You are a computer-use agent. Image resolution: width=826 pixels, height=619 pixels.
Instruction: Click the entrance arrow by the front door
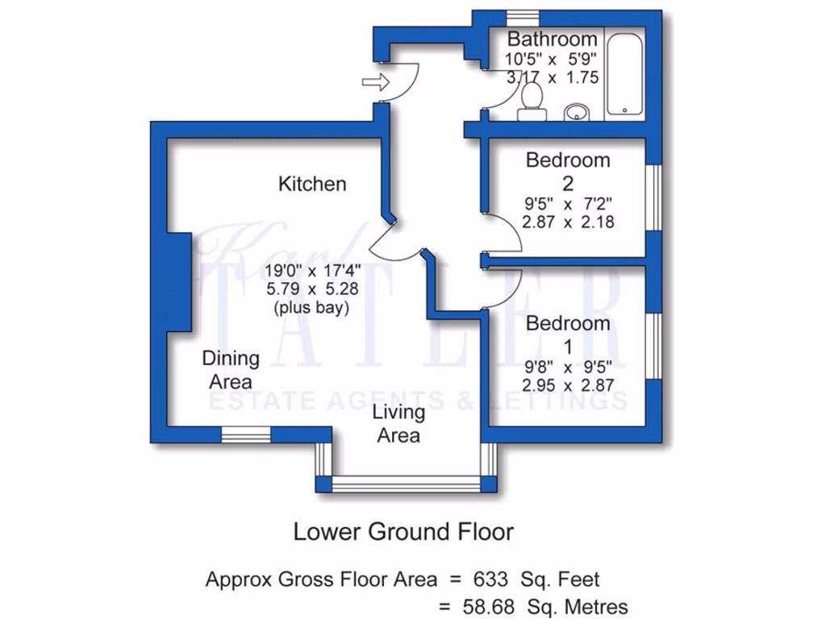375,81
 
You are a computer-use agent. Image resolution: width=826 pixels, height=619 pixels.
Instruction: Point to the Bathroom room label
553,39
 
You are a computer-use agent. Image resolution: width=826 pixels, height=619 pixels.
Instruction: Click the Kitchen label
312,184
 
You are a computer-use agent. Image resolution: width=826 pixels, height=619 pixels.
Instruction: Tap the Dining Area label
231,369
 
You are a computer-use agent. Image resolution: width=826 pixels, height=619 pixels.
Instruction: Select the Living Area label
398,424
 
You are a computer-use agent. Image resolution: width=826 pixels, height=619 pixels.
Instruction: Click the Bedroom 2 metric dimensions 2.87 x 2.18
568,222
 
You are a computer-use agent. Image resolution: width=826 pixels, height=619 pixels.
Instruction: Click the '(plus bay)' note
311,308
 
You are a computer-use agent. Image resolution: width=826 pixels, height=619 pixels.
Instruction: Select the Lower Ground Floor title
403,532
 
